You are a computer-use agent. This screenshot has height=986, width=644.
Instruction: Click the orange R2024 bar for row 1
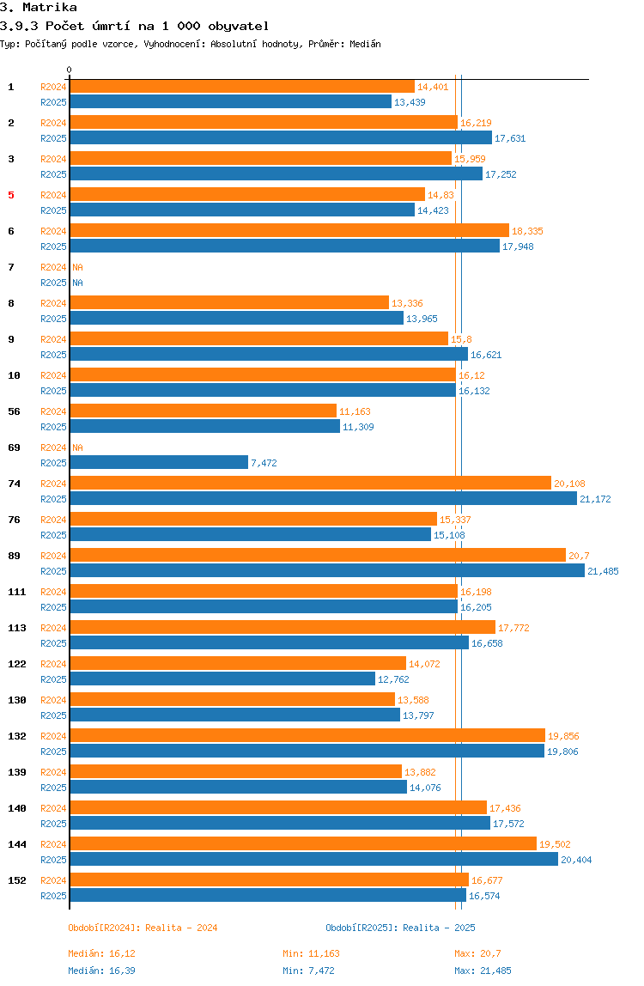point(241,87)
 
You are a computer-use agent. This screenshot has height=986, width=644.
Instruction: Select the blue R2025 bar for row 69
point(159,463)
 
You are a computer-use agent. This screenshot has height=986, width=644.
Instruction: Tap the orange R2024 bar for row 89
point(318,556)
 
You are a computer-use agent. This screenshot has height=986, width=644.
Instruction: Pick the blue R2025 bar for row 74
point(323,499)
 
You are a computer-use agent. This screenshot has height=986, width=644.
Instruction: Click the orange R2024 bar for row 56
point(203,411)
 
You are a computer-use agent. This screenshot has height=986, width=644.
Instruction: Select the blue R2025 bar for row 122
point(222,679)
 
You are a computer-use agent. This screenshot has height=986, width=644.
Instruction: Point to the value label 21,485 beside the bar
point(602,571)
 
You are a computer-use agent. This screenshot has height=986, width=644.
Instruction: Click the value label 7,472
point(264,463)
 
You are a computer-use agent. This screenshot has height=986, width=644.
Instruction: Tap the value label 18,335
point(527,231)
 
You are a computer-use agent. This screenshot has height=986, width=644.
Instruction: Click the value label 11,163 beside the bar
point(355,411)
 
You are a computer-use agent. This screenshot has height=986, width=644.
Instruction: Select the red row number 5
point(11,195)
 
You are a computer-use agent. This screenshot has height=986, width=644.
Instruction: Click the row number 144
point(16,844)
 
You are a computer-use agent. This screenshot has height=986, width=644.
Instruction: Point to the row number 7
point(11,267)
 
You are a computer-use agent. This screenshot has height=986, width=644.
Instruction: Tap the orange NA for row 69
point(77,447)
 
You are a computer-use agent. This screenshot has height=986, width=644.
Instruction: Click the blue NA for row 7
point(77,283)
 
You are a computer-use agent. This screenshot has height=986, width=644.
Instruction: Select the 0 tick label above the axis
point(70,70)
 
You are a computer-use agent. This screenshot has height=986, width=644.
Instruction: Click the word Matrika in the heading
point(50,8)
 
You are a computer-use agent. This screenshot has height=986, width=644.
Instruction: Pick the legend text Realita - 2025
point(439,928)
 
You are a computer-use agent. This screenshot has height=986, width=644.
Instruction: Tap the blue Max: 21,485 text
point(483,971)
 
